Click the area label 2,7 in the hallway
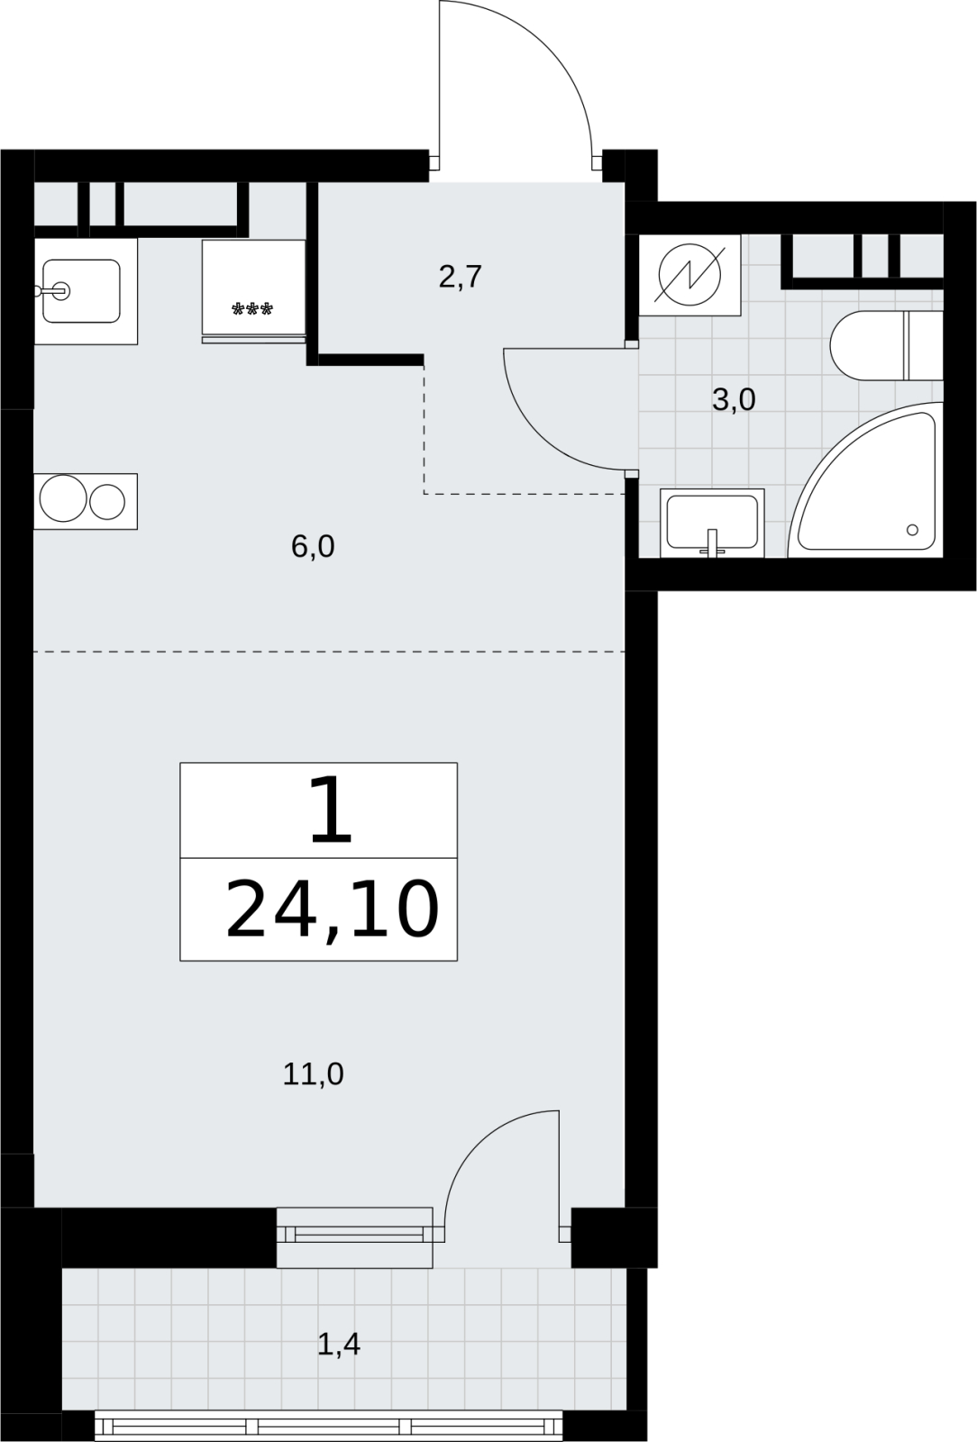[x=461, y=278]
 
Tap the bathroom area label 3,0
[x=734, y=400]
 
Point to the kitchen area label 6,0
[x=313, y=547]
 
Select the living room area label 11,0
[x=314, y=1074]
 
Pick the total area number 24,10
[x=332, y=910]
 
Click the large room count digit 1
[x=332, y=810]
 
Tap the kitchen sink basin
[x=82, y=291]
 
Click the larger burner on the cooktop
[x=63, y=498]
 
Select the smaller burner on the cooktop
[x=107, y=502]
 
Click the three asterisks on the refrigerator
[x=252, y=310]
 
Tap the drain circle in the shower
[x=912, y=530]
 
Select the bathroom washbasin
[x=713, y=523]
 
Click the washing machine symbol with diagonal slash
[x=690, y=275]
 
